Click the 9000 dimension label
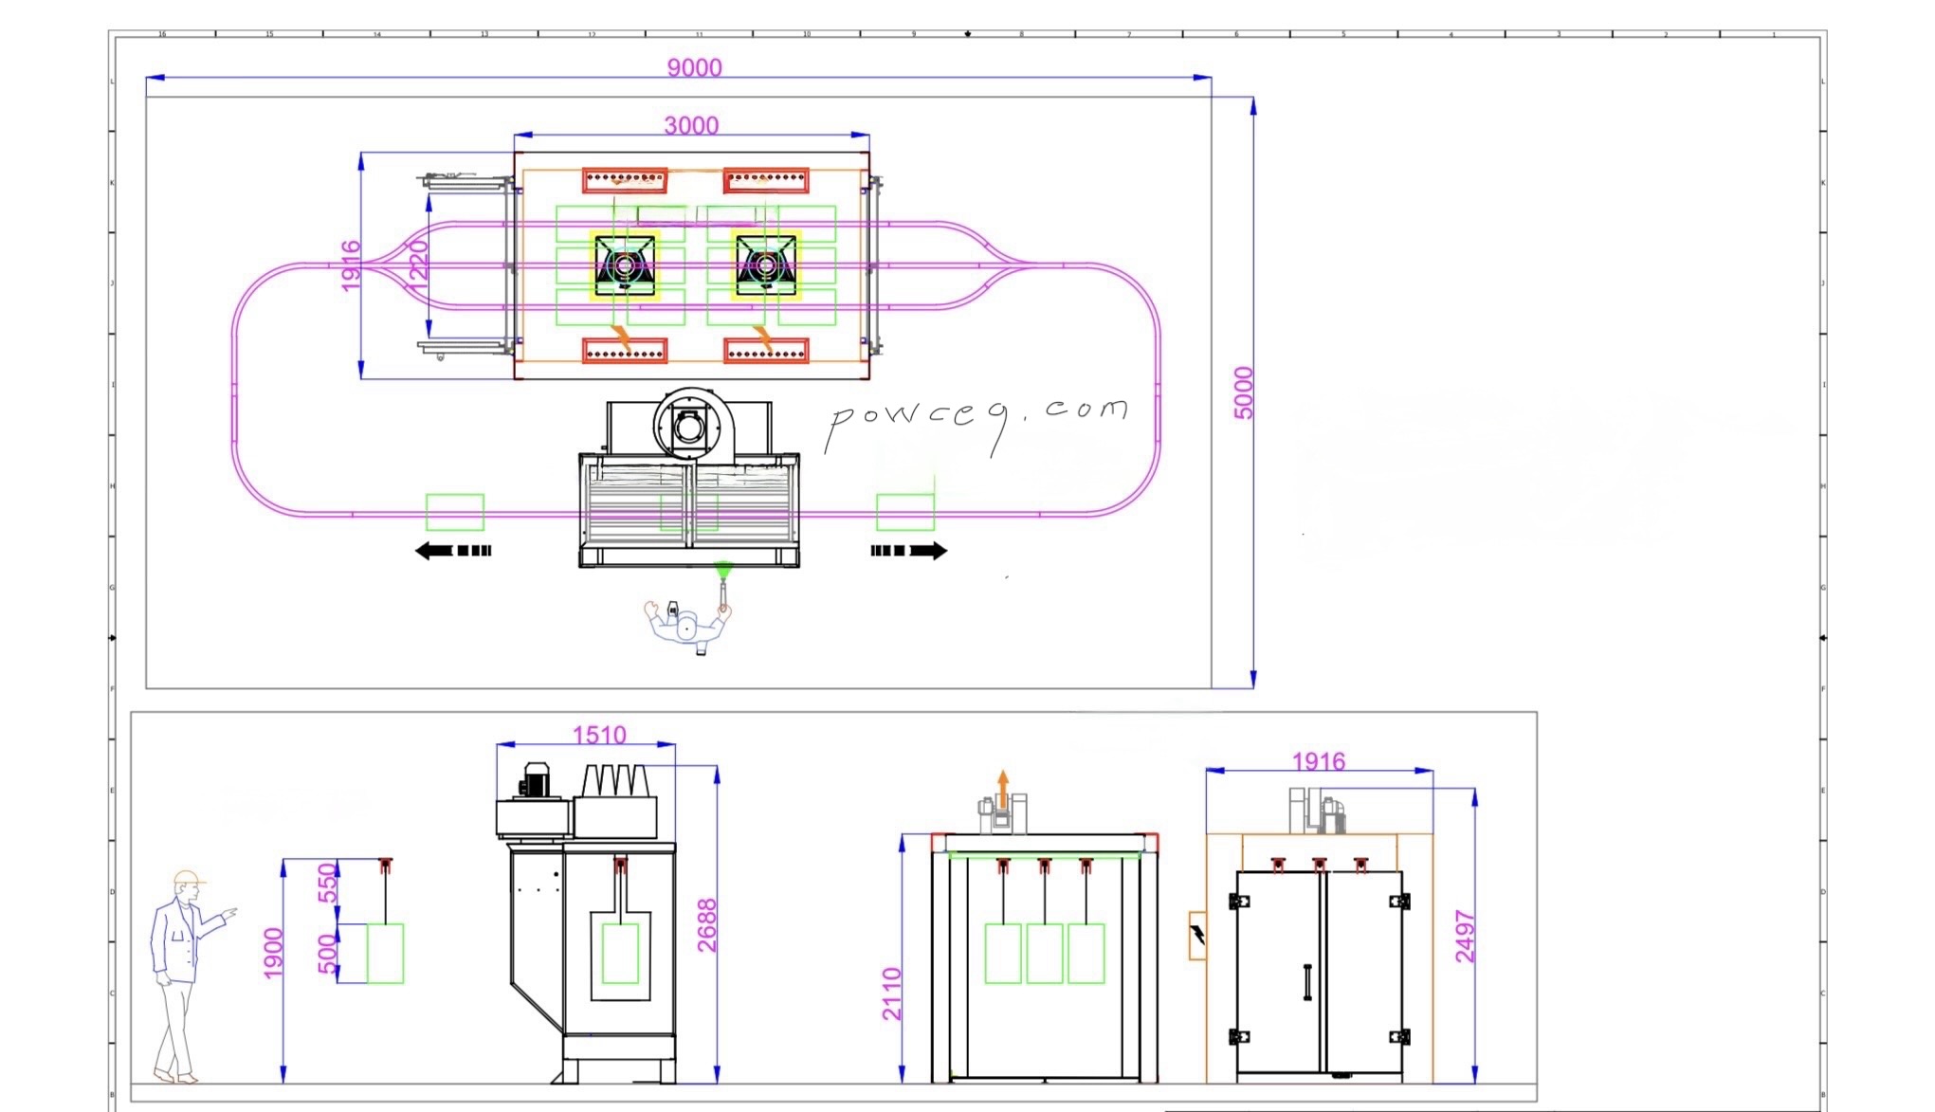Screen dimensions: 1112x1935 694,67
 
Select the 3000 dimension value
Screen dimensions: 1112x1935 691,125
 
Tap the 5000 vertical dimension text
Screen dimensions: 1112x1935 1243,392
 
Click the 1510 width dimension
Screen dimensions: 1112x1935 599,735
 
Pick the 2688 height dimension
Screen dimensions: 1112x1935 707,924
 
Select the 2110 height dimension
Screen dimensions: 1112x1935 892,994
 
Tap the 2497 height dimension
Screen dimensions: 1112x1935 1465,936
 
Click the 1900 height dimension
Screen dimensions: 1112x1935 273,953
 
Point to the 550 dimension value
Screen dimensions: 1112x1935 327,883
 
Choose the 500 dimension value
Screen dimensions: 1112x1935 327,954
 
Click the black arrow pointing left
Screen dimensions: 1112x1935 452,551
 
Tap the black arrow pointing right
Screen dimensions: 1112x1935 908,551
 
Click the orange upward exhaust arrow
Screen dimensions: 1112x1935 1003,789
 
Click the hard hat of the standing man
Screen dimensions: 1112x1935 188,878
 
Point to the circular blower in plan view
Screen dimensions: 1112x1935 688,426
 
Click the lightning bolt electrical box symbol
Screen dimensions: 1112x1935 1197,935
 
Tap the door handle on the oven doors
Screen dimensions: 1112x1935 1307,982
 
